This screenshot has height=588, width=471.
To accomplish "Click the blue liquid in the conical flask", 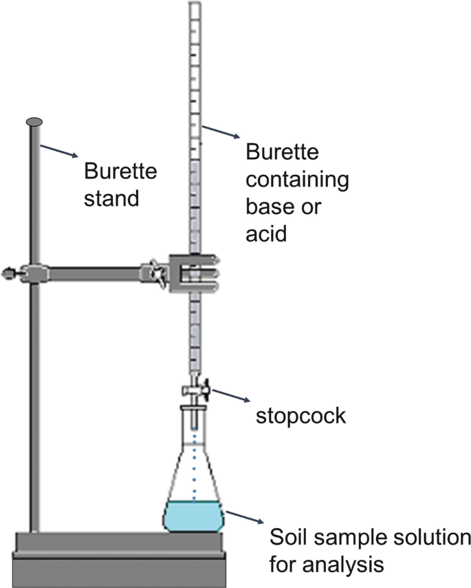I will click(195, 517).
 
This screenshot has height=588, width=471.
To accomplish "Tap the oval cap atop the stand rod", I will click(34, 122).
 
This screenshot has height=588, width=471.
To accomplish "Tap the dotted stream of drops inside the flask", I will click(195, 468).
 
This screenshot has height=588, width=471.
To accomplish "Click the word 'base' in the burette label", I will click(265, 207).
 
